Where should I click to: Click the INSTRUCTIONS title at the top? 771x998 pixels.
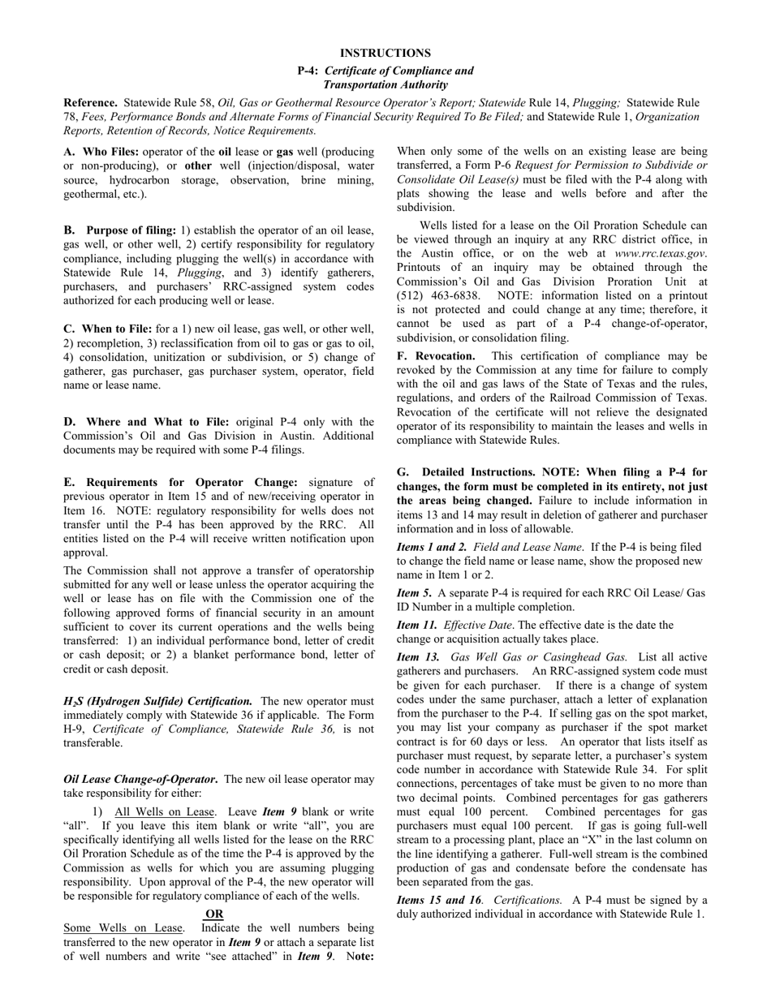click(385, 53)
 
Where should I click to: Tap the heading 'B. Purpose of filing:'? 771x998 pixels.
click(119, 230)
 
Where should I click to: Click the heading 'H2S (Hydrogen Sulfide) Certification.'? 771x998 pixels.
click(157, 701)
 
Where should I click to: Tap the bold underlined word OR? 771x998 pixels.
click(214, 914)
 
